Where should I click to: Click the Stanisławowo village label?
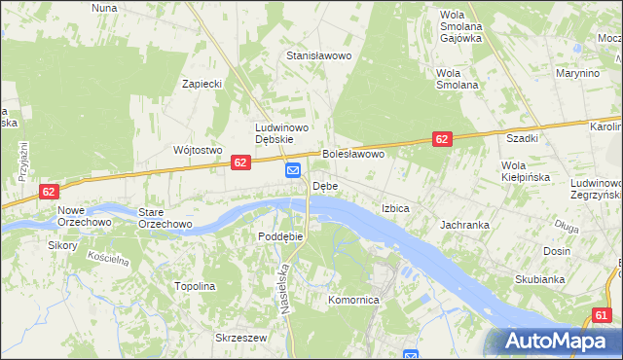[x=317, y=56]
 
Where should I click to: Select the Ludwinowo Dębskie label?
[x=281, y=133]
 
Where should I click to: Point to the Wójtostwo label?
[x=198, y=150]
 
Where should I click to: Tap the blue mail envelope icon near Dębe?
[x=293, y=171]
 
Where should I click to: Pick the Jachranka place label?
[x=464, y=225]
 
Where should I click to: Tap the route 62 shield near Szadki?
[x=442, y=140]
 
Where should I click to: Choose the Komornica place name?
[x=352, y=301]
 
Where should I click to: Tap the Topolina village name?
[x=194, y=287]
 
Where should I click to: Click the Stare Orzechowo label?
[x=165, y=218]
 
